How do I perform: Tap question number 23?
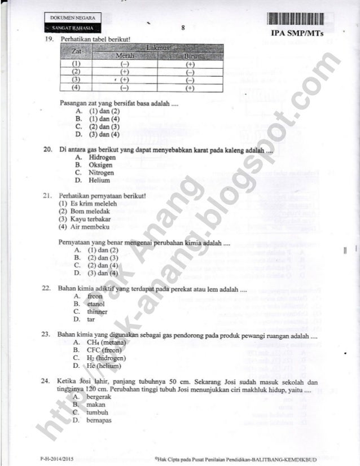coord(47,335)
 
